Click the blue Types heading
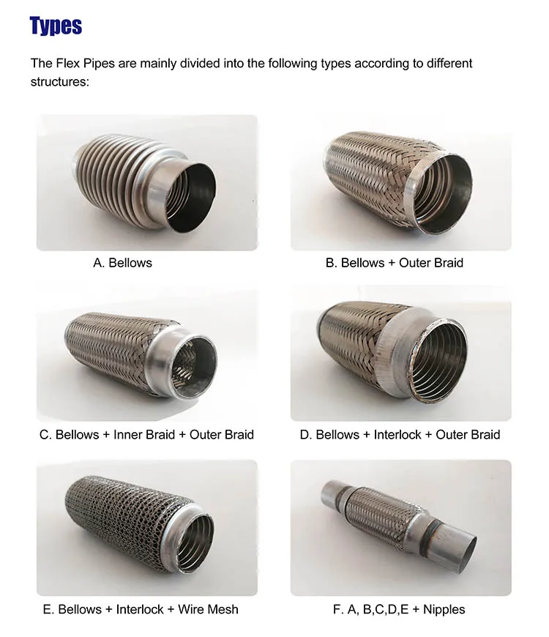(x=56, y=26)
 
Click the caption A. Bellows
(x=122, y=262)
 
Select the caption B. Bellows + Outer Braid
(x=394, y=262)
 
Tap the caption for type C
(x=146, y=434)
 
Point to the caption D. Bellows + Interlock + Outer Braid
(x=400, y=434)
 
